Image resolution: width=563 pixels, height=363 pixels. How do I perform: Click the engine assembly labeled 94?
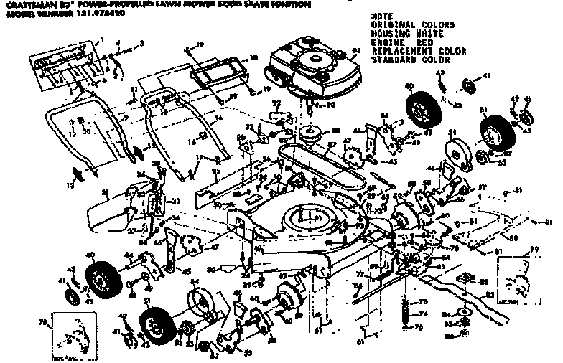(313, 65)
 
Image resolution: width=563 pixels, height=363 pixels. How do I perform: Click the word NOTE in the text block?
(382, 16)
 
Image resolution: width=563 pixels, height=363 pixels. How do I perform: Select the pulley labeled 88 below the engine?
(312, 132)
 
